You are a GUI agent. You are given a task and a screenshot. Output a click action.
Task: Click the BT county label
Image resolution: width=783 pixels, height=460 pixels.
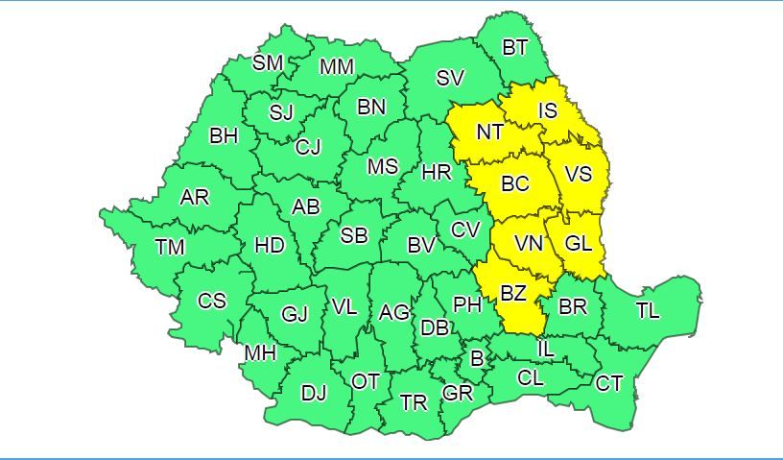(515, 47)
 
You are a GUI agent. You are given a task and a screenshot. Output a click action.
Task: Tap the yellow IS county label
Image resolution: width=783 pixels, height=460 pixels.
(547, 111)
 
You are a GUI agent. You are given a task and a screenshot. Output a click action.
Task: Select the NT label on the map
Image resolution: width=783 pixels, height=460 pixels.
(489, 133)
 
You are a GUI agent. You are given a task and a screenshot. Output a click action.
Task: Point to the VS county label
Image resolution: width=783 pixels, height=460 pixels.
(578, 174)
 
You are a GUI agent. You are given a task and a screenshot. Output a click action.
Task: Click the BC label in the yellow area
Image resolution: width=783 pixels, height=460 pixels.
(515, 183)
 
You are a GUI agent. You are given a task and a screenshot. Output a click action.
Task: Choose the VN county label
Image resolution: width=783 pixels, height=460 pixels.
(529, 244)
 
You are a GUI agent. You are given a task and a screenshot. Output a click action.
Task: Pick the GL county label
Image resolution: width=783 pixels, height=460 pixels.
(579, 244)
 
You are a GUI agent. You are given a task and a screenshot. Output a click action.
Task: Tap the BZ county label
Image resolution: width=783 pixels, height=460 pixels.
(513, 294)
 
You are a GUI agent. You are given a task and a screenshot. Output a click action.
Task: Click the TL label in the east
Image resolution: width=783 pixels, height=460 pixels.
(648, 310)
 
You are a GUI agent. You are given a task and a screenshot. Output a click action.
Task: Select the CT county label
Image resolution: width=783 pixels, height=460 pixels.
(609, 384)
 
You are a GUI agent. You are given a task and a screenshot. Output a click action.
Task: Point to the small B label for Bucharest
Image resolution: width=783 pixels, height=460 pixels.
(477, 359)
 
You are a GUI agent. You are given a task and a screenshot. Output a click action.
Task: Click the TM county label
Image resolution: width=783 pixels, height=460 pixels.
(170, 248)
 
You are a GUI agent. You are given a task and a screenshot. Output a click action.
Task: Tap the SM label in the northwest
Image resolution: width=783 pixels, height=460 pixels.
(268, 63)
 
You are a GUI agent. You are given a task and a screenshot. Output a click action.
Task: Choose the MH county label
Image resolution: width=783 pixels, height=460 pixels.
(260, 353)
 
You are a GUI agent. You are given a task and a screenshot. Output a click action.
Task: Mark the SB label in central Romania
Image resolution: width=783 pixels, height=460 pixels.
(354, 234)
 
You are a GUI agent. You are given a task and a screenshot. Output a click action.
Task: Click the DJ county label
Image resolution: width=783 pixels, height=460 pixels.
(314, 393)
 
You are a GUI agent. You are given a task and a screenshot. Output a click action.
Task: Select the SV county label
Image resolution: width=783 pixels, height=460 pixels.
(450, 79)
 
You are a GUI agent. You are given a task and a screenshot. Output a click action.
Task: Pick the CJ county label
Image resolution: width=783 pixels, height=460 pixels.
(308, 147)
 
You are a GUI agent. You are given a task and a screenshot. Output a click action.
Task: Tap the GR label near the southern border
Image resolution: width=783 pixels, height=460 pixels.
(458, 393)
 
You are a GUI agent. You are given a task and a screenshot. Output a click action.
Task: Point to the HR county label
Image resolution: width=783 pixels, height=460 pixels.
(437, 173)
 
